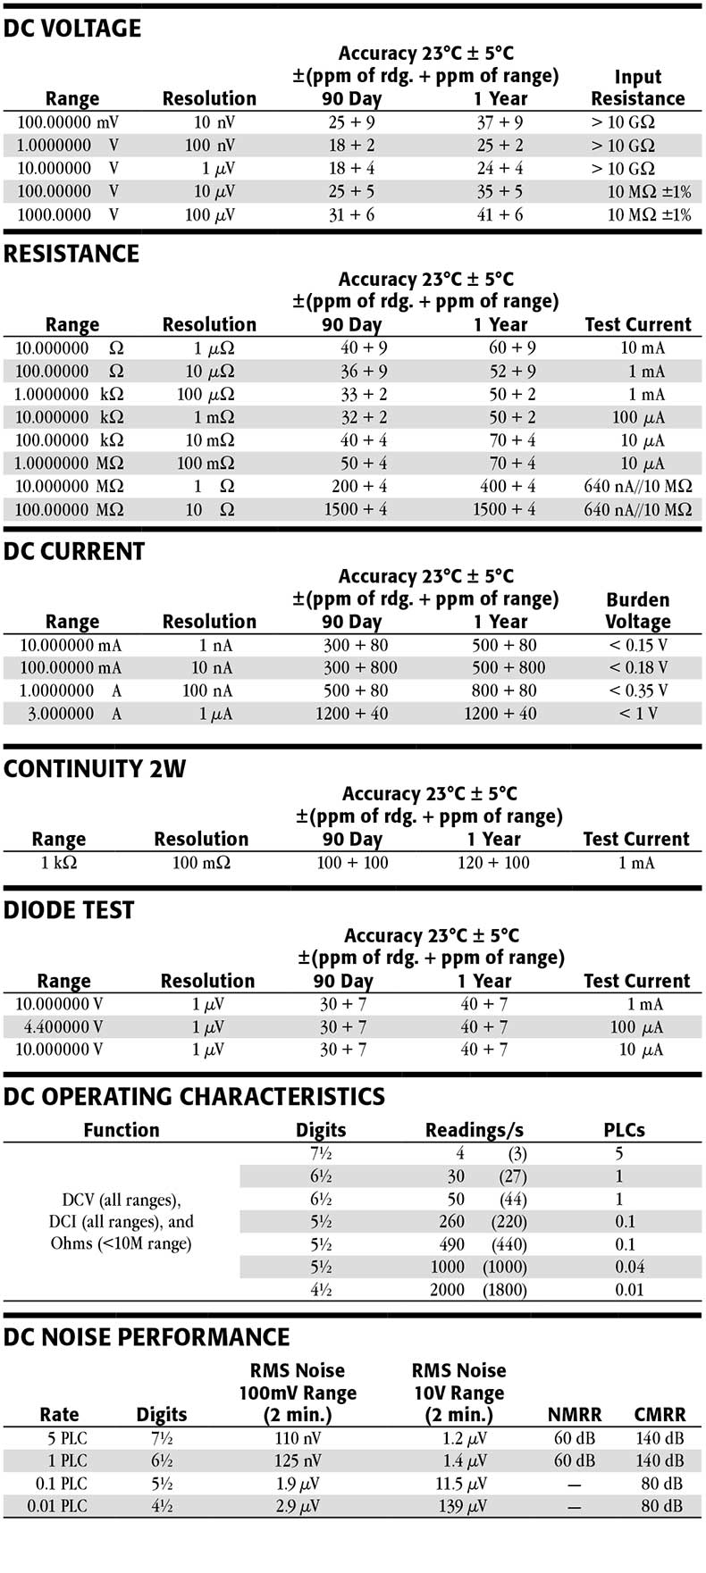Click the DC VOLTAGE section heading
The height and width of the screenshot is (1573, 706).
[72, 29]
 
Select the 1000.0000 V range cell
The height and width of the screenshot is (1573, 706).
[67, 214]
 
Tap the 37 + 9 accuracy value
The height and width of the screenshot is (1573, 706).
[500, 122]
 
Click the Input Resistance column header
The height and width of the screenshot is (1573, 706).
[637, 88]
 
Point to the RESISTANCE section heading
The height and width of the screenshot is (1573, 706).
[71, 255]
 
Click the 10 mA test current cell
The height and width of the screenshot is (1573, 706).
[643, 348]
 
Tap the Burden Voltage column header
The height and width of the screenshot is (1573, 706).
[637, 611]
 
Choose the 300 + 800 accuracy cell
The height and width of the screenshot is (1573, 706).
[360, 667]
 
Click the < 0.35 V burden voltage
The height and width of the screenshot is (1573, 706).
[638, 690]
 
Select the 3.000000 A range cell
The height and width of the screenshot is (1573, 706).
[68, 714]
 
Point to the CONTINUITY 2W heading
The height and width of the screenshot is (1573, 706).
[95, 769]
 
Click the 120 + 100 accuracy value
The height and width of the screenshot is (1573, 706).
[493, 863]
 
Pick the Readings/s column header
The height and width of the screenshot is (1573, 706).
[475, 1130]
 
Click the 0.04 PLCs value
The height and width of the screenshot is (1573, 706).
[625, 1267]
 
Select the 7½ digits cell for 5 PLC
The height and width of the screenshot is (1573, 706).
[162, 1438]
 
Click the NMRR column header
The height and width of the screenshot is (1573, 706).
[574, 1415]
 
